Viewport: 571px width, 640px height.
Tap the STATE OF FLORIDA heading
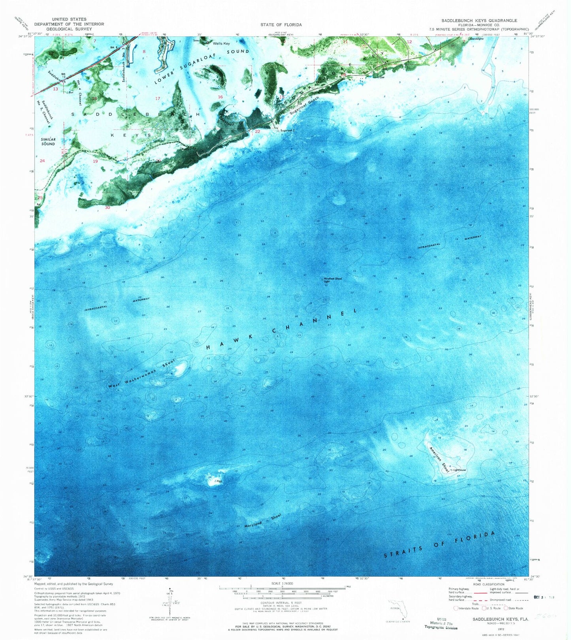coord(281,25)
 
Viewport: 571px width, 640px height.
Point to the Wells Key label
coord(221,43)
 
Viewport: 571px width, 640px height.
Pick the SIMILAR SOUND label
coord(48,141)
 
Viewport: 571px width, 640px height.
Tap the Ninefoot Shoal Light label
coord(333,280)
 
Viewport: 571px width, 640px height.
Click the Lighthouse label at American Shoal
coord(459,470)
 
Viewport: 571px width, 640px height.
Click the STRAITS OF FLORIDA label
coord(439,545)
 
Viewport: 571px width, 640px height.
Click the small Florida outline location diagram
coord(397,609)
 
